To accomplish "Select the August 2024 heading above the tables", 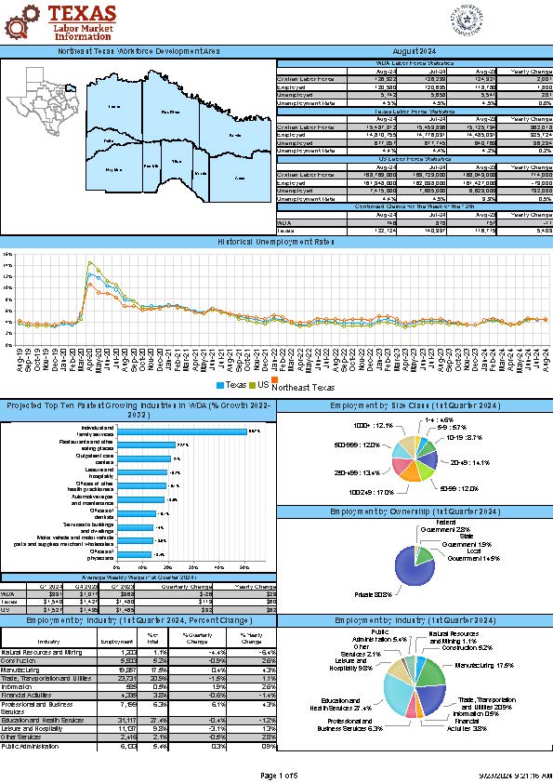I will (x=415, y=51).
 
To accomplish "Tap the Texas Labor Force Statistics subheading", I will (x=415, y=111).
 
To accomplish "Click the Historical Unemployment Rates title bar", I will (x=276, y=242).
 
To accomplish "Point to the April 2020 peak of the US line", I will (x=90, y=262).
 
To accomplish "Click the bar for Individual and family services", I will (x=180, y=431).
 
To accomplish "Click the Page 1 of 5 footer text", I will (x=276, y=775).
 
